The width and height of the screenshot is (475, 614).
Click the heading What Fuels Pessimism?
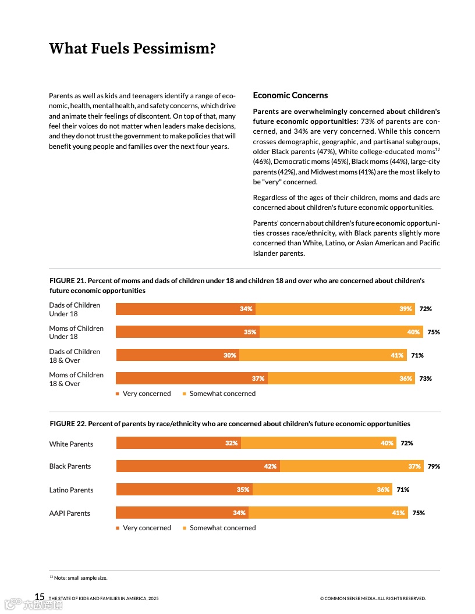click(x=132, y=48)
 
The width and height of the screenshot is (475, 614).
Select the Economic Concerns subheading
click(x=290, y=95)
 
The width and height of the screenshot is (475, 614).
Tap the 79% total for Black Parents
click(x=434, y=466)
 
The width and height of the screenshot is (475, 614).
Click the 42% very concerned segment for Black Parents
click(x=198, y=466)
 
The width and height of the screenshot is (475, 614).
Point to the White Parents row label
click(x=71, y=444)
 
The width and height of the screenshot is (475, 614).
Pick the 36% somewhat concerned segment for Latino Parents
click(x=322, y=490)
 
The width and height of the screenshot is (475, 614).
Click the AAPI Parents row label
click(x=70, y=513)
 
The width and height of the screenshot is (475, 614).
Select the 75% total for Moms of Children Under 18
click(x=434, y=332)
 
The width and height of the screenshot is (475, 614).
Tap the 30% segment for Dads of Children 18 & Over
click(x=178, y=355)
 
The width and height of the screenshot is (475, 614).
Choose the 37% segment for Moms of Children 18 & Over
click(x=192, y=379)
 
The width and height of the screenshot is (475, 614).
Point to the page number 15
click(x=40, y=597)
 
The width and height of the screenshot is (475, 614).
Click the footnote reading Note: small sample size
click(x=79, y=578)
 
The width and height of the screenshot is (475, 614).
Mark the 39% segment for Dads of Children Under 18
click(x=335, y=309)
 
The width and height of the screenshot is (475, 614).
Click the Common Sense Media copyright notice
click(x=373, y=598)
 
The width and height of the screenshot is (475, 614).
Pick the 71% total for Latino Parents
click(x=403, y=490)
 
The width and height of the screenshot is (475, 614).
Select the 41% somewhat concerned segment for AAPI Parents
click(x=328, y=513)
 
